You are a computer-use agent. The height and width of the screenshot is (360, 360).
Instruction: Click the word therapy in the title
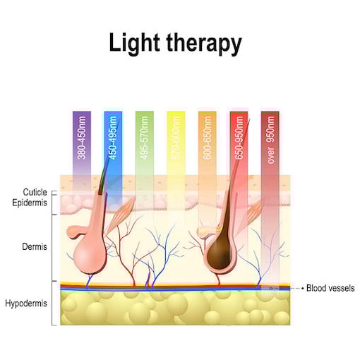coord(204,44)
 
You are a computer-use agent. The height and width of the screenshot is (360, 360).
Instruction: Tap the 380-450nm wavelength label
coord(82,138)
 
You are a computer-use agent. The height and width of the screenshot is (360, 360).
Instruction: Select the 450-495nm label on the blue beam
coord(113,138)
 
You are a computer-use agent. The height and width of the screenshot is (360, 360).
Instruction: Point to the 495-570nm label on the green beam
coord(145,138)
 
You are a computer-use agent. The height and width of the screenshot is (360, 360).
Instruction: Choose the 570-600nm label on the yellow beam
coord(176,138)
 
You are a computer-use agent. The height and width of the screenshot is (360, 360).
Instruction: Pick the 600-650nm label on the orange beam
coord(208,138)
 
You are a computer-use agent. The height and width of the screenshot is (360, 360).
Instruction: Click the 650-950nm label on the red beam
coord(239,138)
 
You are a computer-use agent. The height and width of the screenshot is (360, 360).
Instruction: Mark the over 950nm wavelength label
coord(270,140)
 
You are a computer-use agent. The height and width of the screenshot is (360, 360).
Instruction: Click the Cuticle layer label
coord(35,192)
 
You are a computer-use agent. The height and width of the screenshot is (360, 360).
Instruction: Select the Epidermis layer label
coord(30,203)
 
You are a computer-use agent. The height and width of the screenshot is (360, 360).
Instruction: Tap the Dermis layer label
coord(35,246)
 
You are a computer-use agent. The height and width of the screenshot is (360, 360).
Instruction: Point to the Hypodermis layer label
coord(26,304)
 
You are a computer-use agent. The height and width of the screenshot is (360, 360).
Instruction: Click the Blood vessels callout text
coord(330,288)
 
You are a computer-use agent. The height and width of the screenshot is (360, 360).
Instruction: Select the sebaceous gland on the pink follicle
coord(76,232)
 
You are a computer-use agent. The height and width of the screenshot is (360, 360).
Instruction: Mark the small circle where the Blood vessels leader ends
coord(271,288)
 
